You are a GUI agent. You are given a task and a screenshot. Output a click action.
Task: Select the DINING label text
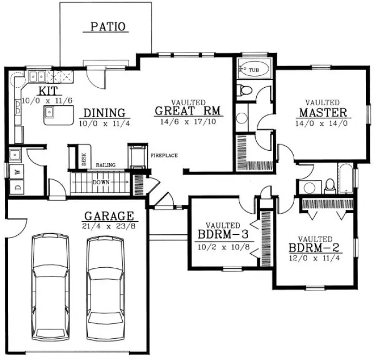pyautogui.click(x=104, y=113)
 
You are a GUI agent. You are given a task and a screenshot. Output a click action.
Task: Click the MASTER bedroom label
pyautogui.click(x=322, y=113)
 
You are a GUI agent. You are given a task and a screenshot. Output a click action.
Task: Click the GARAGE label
pyautogui.click(x=109, y=215)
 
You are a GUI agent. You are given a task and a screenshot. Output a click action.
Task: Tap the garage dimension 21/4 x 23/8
pyautogui.click(x=109, y=225)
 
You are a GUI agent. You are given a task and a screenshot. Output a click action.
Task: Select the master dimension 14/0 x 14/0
pyautogui.click(x=322, y=123)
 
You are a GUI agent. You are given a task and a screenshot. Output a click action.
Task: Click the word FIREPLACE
pyautogui.click(x=164, y=156)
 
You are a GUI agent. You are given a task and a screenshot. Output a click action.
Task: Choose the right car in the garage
pyautogui.click(x=106, y=284)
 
